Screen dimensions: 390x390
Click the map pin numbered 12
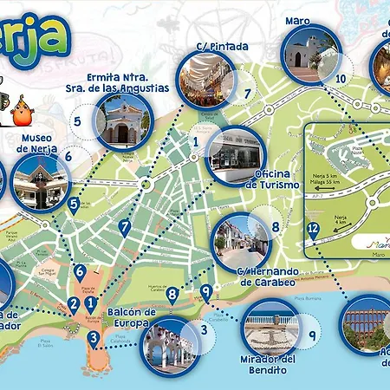(313, 231)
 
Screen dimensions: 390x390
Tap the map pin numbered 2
(73, 304)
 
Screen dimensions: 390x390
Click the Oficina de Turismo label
(272, 179)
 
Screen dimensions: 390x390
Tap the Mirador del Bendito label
(270, 364)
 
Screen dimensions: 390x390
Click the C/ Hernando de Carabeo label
(246, 276)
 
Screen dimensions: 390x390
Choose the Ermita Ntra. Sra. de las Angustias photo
(122, 120)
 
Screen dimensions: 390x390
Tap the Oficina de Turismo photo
(231, 156)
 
